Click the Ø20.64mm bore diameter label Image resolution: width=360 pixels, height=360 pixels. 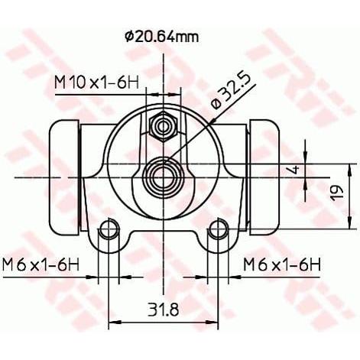click(161, 37)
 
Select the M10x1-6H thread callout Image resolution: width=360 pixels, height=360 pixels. click(97, 83)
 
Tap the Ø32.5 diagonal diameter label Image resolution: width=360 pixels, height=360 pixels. click(231, 92)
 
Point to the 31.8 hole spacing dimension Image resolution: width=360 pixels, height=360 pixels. click(163, 310)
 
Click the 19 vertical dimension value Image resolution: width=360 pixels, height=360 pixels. click(337, 193)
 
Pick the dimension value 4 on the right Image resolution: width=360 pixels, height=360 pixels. click(295, 170)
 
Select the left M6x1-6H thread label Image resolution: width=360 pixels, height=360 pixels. click(41, 265)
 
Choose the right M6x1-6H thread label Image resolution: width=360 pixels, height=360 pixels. click(282, 265)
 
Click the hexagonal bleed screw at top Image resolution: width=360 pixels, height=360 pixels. click(163, 127)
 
